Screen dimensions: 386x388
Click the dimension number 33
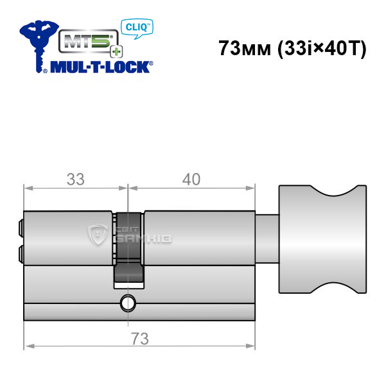[x=76, y=179]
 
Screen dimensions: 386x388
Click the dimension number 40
[x=191, y=179]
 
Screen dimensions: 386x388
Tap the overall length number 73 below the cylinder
[x=140, y=339]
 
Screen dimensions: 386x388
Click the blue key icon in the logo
[x=39, y=44]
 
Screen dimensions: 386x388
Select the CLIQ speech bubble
[x=137, y=28]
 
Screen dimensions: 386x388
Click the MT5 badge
[x=89, y=41]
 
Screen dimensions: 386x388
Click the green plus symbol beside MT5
[x=116, y=52]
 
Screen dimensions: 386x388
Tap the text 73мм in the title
[x=245, y=48]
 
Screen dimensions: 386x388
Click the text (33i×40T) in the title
[x=322, y=49]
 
